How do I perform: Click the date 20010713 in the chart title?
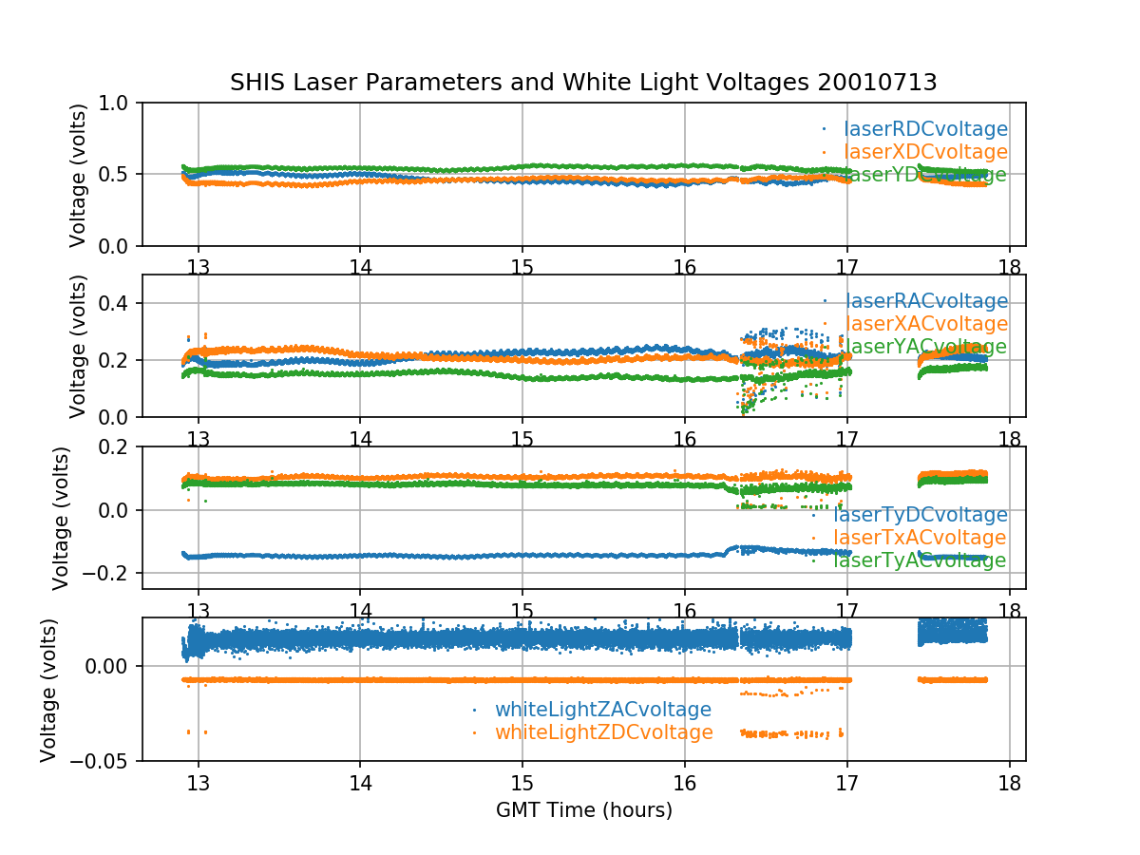pyautogui.click(x=877, y=83)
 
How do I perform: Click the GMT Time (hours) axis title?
pyautogui.click(x=583, y=810)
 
